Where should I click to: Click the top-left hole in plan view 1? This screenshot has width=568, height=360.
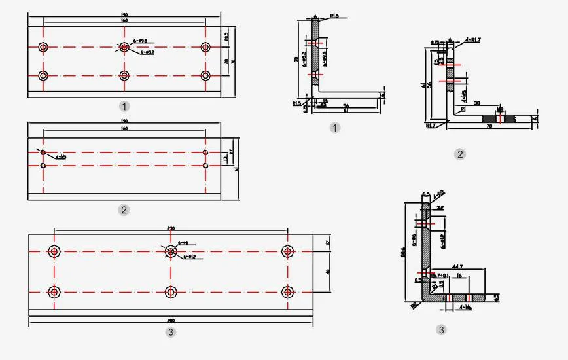[43, 47]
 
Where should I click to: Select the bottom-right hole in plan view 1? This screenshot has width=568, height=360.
[205, 75]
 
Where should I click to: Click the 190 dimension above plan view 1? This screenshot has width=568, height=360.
[124, 14]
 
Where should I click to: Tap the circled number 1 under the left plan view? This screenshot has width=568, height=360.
[124, 105]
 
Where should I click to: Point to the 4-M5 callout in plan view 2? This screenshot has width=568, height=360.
[61, 157]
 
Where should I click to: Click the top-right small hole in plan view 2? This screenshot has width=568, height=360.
[205, 153]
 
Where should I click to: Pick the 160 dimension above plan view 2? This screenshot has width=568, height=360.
[124, 129]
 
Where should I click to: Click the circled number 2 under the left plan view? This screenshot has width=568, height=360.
[124, 210]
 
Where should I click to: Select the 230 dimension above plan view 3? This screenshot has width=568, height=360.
[171, 228]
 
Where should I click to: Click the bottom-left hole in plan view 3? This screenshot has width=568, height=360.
[54, 291]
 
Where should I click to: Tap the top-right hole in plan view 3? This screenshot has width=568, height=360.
[287, 251]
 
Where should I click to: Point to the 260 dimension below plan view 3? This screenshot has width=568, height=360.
[170, 321]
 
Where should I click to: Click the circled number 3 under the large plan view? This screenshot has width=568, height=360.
[171, 332]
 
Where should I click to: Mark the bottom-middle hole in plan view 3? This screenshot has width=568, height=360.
[171, 291]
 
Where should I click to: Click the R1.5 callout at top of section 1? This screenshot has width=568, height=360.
[334, 17]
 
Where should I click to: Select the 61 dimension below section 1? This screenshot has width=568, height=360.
[346, 111]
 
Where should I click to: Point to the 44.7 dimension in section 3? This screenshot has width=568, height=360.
[457, 267]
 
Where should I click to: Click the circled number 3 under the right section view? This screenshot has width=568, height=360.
[442, 330]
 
